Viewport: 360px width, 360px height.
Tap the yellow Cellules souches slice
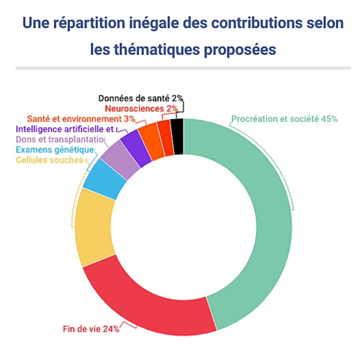point(94,226)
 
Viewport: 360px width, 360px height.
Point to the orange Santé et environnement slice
point(152,141)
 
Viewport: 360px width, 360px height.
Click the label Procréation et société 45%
point(284,119)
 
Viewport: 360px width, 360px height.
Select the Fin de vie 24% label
point(91,329)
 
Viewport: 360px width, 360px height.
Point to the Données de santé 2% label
point(141,98)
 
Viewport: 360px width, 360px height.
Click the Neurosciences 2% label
point(141,109)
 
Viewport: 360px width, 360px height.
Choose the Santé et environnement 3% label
point(81,119)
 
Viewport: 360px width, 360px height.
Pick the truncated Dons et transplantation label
point(60,139)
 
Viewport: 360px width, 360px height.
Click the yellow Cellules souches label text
point(50,160)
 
